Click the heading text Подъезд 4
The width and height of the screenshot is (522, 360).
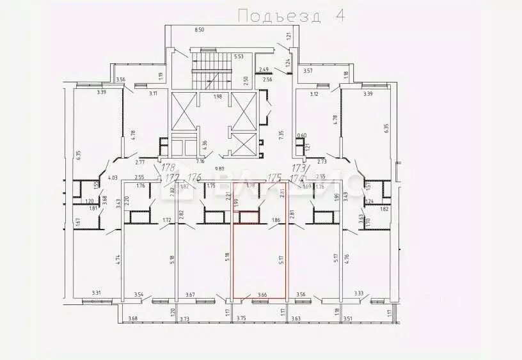[x=290, y=15]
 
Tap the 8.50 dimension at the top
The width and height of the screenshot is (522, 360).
[x=199, y=29]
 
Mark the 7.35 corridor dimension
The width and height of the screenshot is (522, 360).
[x=280, y=136]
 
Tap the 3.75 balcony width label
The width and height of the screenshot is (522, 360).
[x=241, y=318]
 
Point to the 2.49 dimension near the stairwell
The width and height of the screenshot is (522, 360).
[x=264, y=69]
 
